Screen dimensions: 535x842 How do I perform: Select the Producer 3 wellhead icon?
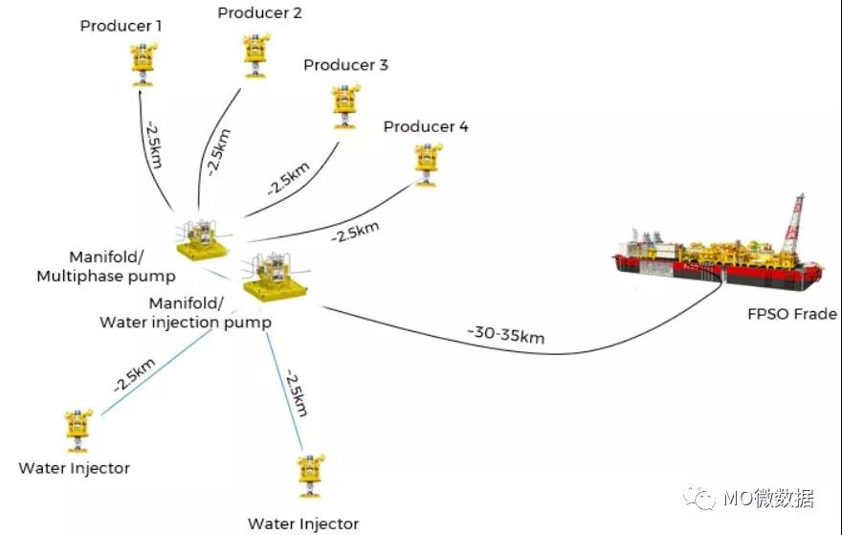point(345,104)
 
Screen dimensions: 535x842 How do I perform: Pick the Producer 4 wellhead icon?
point(424,164)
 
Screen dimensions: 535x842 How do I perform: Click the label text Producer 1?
point(121,24)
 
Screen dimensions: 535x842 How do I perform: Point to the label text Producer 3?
point(345,65)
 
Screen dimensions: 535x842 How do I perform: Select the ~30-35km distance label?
point(507,334)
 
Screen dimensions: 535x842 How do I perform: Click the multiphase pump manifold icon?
point(204,238)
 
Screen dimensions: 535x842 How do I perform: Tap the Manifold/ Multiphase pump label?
point(106,267)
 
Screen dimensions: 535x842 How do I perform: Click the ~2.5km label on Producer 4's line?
point(355,231)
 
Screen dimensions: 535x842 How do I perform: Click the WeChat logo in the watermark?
point(706,498)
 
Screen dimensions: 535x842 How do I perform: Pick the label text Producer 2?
point(259,12)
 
